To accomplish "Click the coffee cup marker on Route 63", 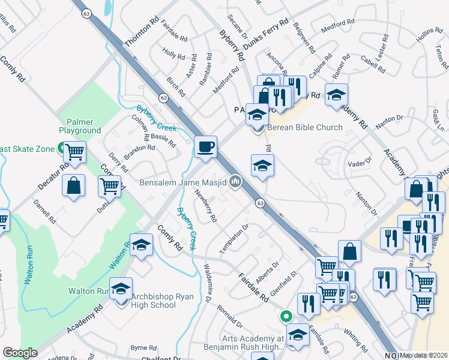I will click(205, 147).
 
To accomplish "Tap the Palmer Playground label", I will click(80, 126).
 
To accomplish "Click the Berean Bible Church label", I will click(304, 127).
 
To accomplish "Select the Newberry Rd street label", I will click(206, 206).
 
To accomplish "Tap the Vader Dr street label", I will click(357, 163).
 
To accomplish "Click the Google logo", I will click(20, 353).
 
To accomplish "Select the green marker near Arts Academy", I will click(286, 316).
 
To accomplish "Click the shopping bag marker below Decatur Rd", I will click(73, 185).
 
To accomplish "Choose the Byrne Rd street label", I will click(143, 347).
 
